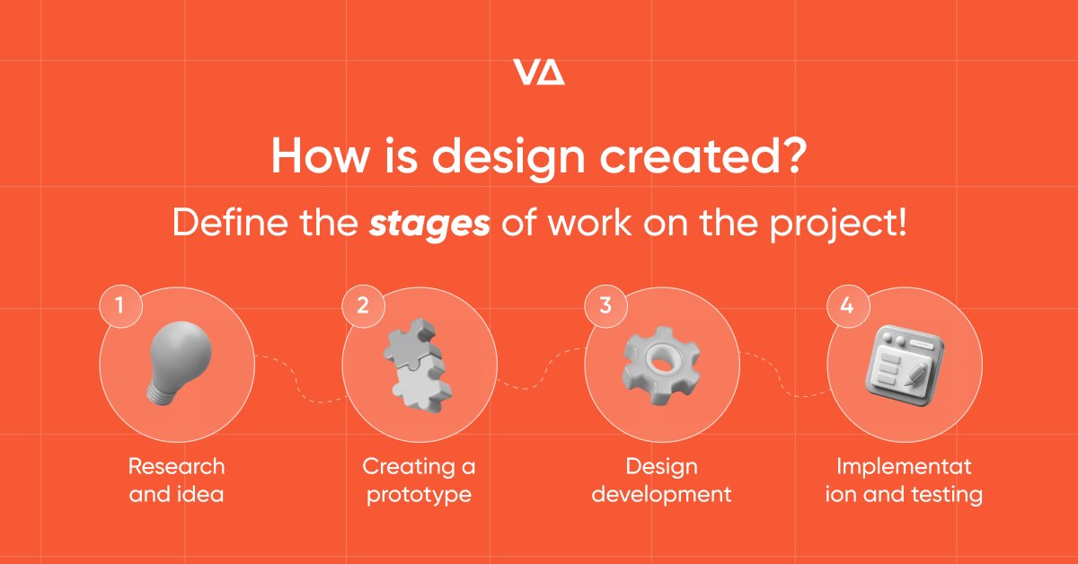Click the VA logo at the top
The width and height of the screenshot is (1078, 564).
point(538,72)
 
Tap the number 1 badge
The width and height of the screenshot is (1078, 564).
point(119,304)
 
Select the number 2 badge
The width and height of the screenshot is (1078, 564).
point(362,304)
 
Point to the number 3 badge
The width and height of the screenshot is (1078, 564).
point(605,304)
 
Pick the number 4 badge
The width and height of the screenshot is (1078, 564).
point(846,304)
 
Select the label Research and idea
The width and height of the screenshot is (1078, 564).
point(176,480)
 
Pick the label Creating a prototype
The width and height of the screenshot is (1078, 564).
point(419,480)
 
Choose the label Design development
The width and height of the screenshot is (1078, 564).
point(661,480)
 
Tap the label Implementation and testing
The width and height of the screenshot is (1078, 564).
point(904,480)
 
